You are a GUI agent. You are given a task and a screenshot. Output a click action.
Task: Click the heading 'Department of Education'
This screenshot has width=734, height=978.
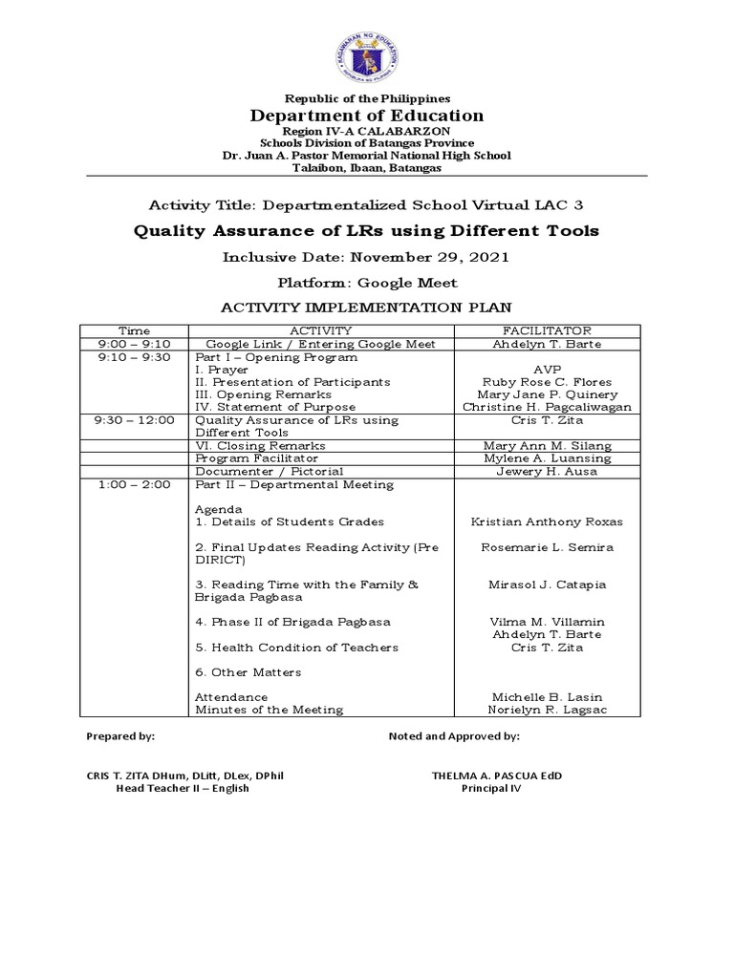pos(367,116)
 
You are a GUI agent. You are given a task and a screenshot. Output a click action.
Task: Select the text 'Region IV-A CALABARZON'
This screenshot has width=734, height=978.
pos(367,130)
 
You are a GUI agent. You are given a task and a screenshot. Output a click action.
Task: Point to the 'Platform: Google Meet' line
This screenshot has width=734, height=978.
pos(367,283)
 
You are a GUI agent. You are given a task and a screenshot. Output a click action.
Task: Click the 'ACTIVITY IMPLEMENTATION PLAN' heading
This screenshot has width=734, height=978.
pos(367,308)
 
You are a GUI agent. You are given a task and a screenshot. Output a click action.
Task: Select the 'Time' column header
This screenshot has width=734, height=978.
pos(134,330)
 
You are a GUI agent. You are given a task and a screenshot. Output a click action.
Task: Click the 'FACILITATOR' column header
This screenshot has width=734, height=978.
pos(547,330)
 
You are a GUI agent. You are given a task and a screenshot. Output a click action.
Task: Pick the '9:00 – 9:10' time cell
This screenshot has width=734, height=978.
pos(134,344)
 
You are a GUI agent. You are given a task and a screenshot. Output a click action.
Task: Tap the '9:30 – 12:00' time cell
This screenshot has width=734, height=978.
pos(134,420)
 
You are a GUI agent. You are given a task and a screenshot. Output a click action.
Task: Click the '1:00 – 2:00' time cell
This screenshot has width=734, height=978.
pos(134,484)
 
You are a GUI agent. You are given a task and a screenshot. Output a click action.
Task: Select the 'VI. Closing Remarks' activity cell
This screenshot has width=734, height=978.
pos(260,446)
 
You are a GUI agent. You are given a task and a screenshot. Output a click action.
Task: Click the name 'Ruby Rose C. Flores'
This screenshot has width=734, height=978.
pos(547,382)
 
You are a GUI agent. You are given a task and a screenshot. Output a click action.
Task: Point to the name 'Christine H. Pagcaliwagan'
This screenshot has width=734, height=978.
pos(547,407)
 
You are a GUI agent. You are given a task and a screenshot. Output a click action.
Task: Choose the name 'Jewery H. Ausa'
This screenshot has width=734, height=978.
pos(547,472)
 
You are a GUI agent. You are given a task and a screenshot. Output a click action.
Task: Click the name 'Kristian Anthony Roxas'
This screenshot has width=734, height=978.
pos(547,522)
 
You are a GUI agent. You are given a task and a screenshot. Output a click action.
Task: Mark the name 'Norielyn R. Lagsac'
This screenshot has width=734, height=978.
pos(547,710)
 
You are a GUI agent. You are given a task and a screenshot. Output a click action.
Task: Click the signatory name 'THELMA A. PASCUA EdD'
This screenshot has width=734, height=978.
pos(497,776)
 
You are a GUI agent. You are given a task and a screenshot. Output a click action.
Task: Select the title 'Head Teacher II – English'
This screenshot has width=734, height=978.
pos(183,788)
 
